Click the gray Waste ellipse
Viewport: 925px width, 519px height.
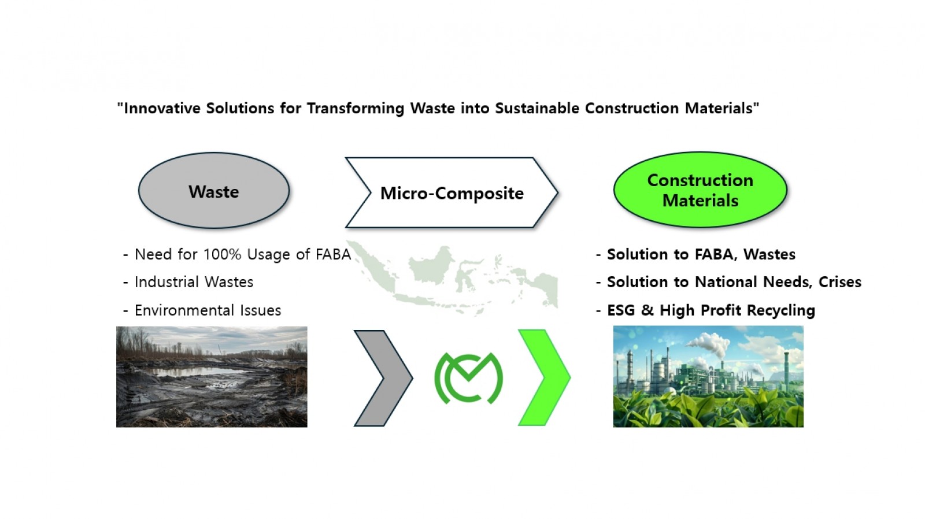pyautogui.click(x=214, y=190)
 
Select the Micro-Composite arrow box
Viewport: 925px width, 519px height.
pyautogui.click(x=452, y=193)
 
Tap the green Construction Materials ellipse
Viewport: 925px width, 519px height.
pyautogui.click(x=700, y=190)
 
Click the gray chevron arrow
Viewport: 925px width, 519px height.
pyautogui.click(x=383, y=378)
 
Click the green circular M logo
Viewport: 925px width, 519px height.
pyautogui.click(x=469, y=378)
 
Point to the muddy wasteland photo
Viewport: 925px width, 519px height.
pyautogui.click(x=212, y=377)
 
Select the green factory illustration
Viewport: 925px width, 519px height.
pyautogui.click(x=708, y=376)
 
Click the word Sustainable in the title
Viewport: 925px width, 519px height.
pyautogui.click(x=537, y=108)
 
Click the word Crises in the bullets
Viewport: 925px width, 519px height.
pyautogui.click(x=840, y=281)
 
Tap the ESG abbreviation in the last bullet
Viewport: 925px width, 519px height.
pyautogui.click(x=621, y=310)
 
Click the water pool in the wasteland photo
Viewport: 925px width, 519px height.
pyautogui.click(x=194, y=372)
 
